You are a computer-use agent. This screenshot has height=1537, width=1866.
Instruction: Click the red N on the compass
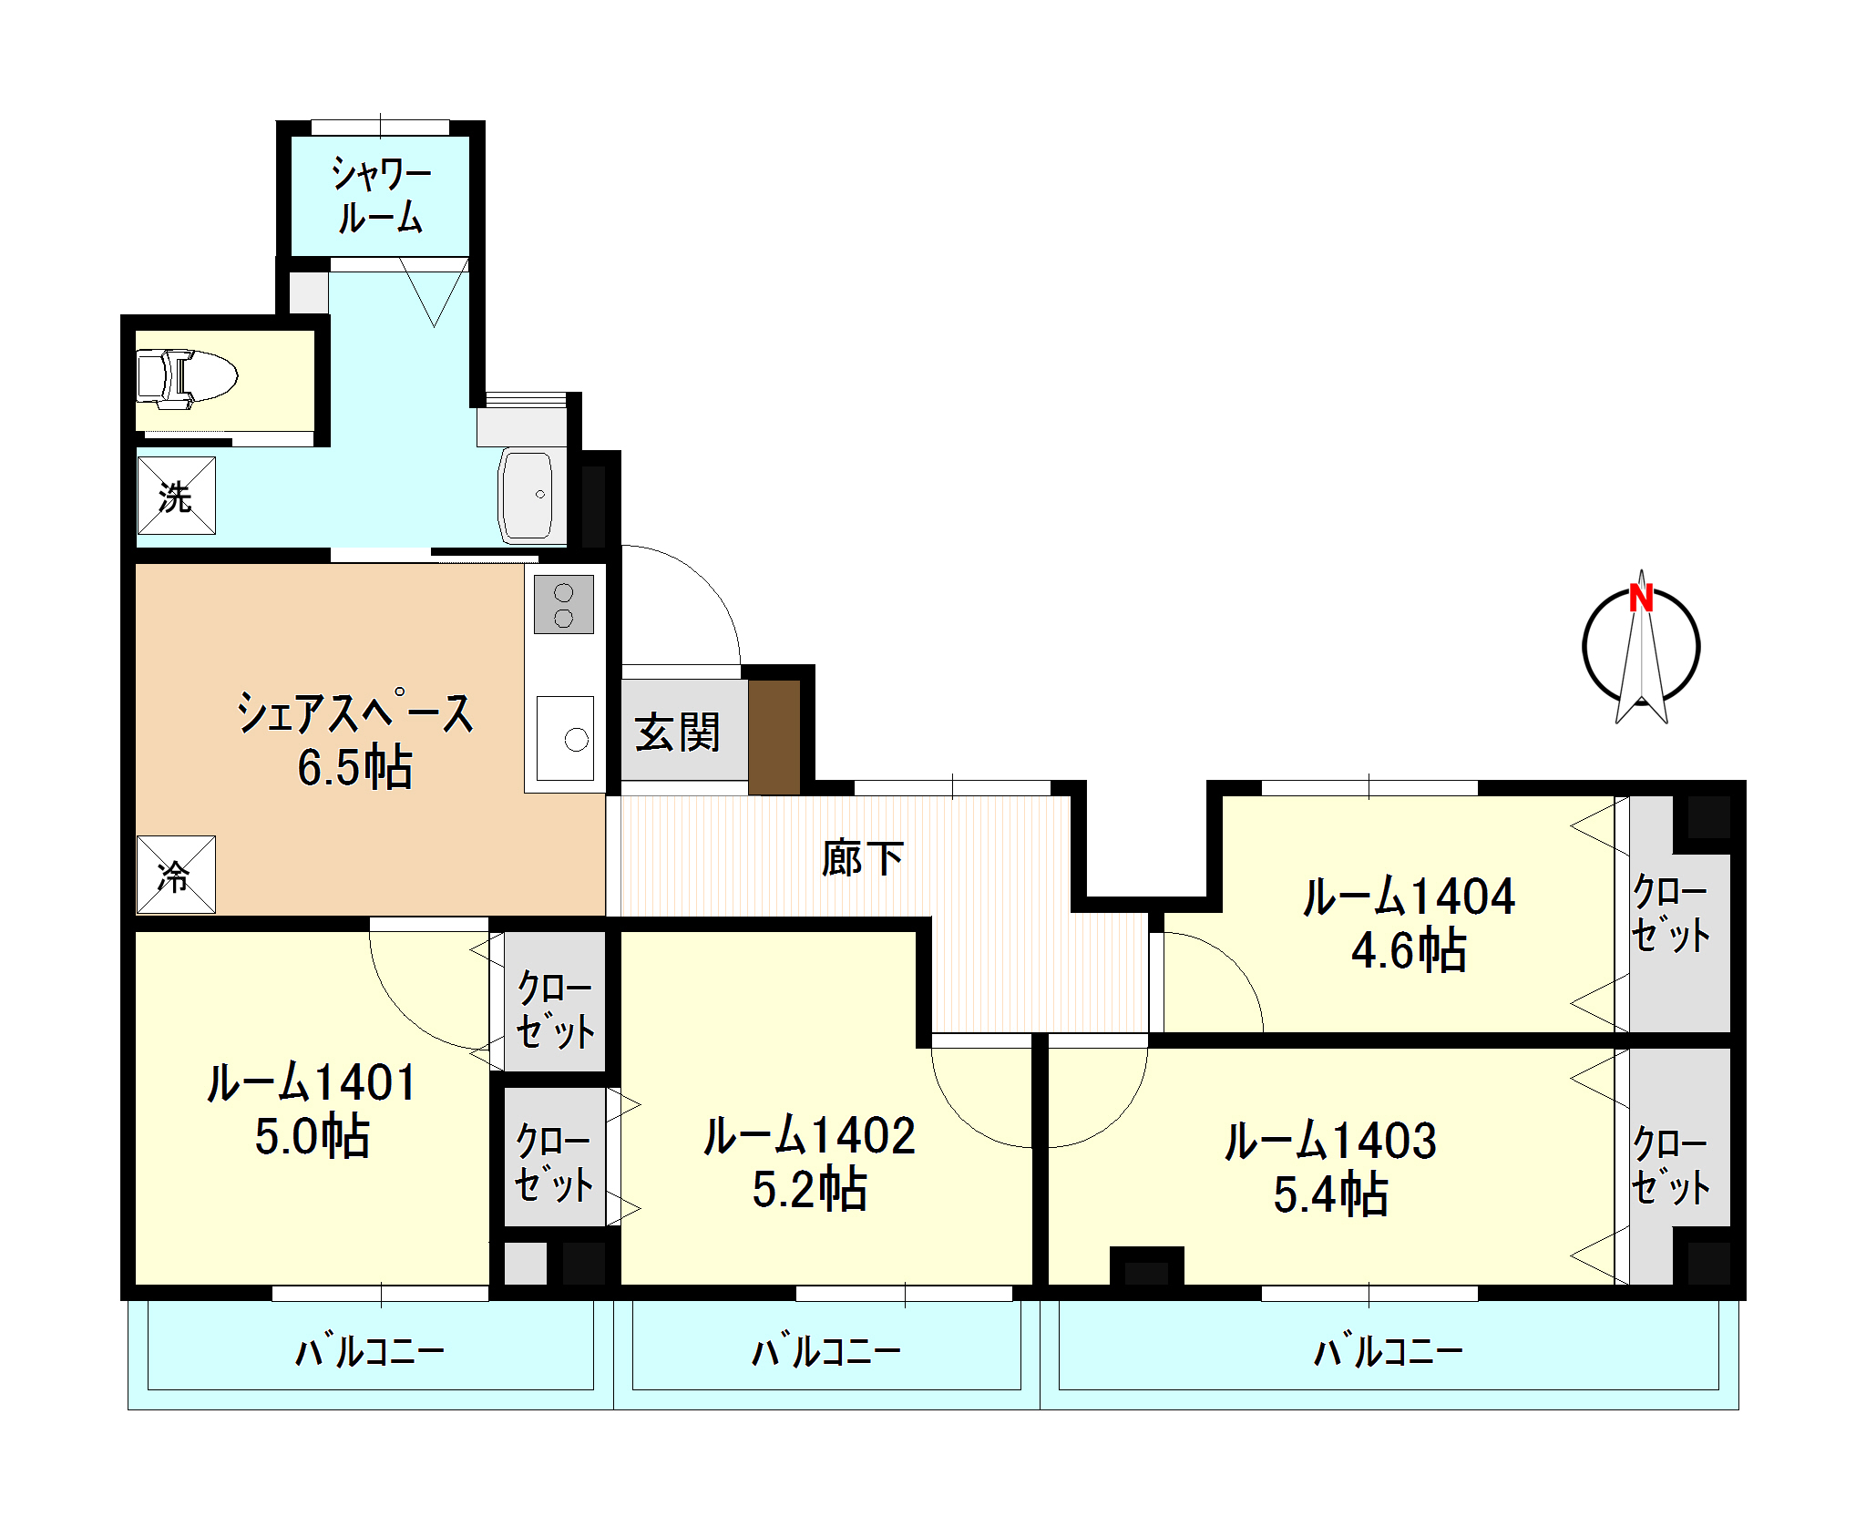coord(1641,598)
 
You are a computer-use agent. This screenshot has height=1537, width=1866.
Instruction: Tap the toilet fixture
coord(187,375)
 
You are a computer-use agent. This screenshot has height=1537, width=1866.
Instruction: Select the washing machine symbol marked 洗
coord(176,496)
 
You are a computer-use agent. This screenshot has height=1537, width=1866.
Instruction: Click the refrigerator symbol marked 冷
coord(176,875)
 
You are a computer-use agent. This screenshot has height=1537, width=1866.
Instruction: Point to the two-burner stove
coord(564,605)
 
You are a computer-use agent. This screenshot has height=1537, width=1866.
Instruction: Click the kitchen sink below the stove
coord(565,738)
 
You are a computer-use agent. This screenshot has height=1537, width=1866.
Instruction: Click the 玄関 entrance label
coord(678,733)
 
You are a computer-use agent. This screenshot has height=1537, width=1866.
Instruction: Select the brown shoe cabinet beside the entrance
coord(774,737)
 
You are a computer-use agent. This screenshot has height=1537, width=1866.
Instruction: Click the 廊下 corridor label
coord(862,858)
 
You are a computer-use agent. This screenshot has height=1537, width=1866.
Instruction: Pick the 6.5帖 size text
coord(354,767)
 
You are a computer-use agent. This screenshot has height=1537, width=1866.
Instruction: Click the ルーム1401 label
coord(312,1082)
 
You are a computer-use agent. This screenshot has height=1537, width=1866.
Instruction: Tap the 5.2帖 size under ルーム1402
coord(809,1189)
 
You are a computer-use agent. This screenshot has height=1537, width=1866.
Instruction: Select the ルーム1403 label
coord(1330,1141)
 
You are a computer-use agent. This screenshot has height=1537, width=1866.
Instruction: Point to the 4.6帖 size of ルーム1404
coord(1409,949)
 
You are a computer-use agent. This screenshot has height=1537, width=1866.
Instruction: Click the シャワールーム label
coord(381,195)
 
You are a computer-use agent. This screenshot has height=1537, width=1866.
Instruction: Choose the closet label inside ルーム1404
coord(1670,913)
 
